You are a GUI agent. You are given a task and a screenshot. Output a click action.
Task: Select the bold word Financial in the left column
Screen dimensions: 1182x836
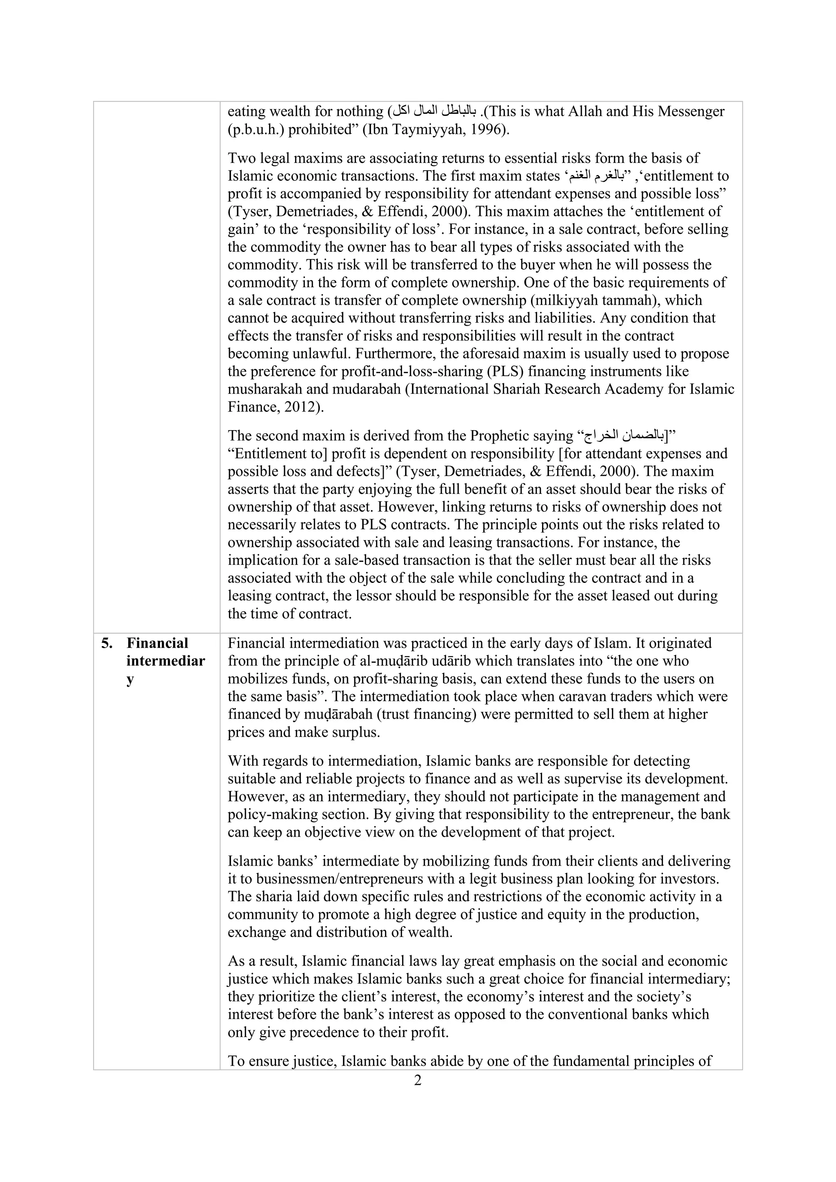(158, 644)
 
